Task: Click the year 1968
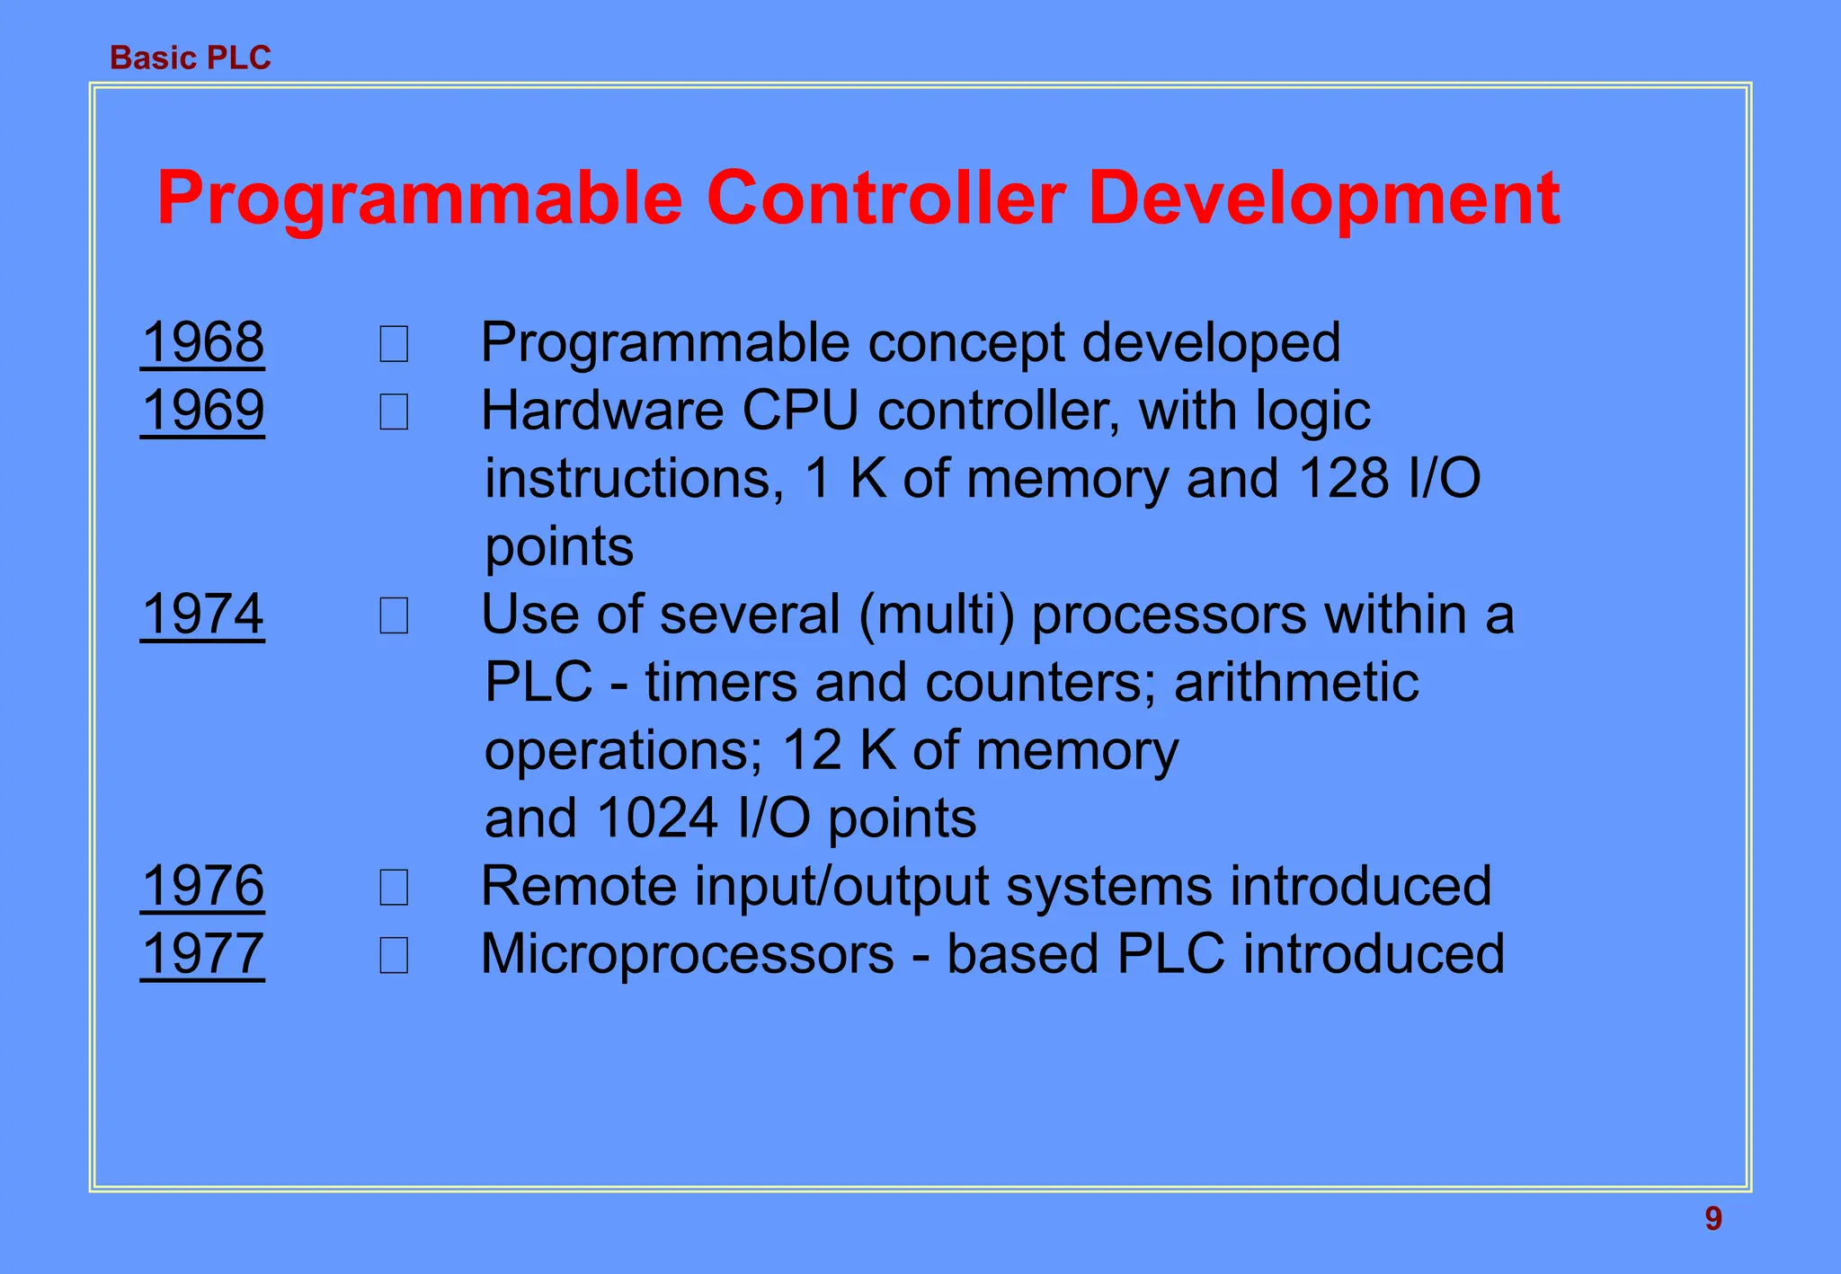pyautogui.click(x=203, y=342)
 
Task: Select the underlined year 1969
pyautogui.click(x=203, y=411)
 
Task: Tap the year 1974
pyautogui.click(x=203, y=615)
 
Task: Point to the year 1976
pyautogui.click(x=203, y=886)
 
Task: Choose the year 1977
pyautogui.click(x=203, y=953)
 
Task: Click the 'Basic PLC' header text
pyautogui.click(x=190, y=58)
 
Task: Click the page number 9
pyautogui.click(x=1713, y=1219)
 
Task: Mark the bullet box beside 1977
pyautogui.click(x=394, y=956)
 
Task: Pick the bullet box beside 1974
pyautogui.click(x=394, y=617)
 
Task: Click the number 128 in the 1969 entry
pyautogui.click(x=1344, y=479)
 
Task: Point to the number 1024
pyautogui.click(x=657, y=818)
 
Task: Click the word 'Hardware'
pyautogui.click(x=602, y=411)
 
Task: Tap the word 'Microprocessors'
pyautogui.click(x=688, y=954)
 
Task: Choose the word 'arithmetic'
pyautogui.click(x=1296, y=683)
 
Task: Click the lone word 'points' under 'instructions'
pyautogui.click(x=559, y=547)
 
